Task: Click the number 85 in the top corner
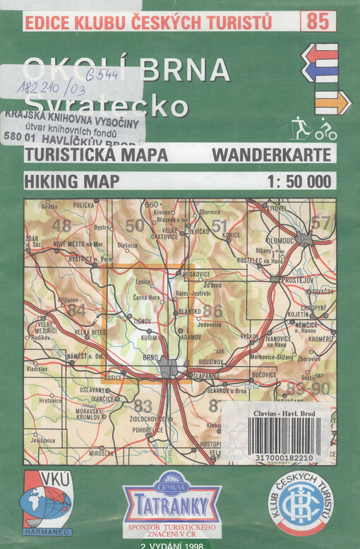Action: (x=318, y=21)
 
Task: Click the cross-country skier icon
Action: (x=301, y=129)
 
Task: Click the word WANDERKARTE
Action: (x=270, y=155)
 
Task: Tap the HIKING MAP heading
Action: (x=71, y=181)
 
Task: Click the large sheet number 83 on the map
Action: (x=143, y=406)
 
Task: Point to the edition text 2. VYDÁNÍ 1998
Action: (x=172, y=545)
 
